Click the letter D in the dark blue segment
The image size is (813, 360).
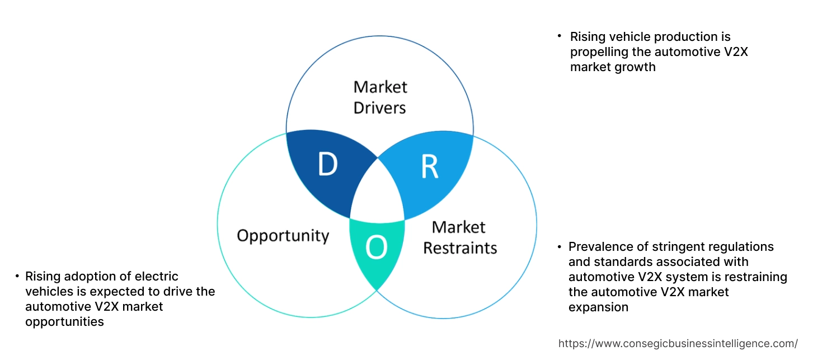point(328,165)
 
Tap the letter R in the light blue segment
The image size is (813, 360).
point(430,166)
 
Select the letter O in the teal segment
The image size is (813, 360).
point(376,248)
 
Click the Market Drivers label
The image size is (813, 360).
point(380,97)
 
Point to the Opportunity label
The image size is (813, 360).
point(283,235)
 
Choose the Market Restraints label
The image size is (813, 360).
point(459,237)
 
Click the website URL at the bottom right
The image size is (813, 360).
point(678,343)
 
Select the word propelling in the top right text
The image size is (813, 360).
point(598,52)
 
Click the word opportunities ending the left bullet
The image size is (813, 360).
point(64,322)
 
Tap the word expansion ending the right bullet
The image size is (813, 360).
point(598,307)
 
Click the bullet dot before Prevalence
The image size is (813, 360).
point(559,247)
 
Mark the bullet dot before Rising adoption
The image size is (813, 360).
point(16,277)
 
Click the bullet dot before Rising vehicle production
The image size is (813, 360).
point(559,36)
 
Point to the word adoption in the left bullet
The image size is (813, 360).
point(90,277)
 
